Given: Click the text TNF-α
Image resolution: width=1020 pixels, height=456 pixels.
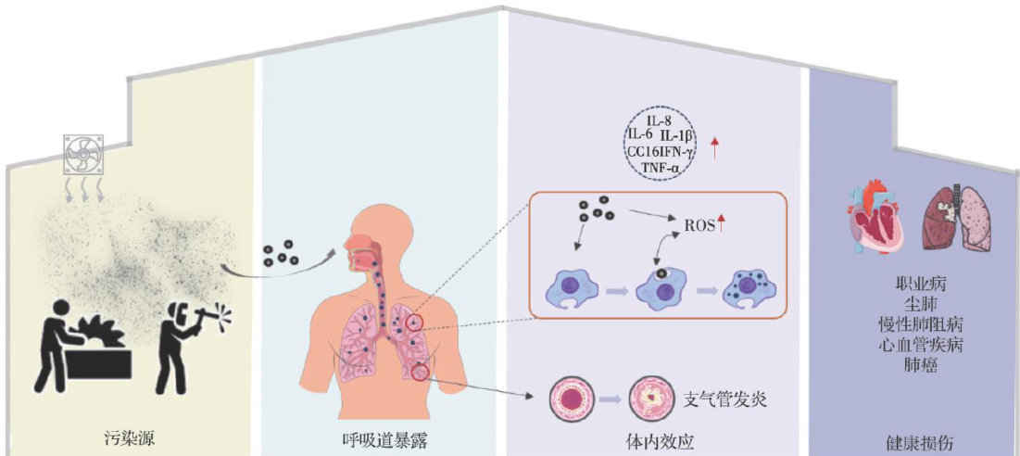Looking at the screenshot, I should (661, 167).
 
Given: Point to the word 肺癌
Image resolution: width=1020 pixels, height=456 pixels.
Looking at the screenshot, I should (913, 366).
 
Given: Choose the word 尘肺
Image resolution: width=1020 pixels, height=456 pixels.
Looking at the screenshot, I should (913, 301).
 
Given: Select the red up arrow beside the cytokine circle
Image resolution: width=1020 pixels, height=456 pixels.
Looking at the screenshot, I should (714, 146).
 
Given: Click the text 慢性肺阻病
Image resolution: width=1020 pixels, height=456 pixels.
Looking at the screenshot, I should (913, 323).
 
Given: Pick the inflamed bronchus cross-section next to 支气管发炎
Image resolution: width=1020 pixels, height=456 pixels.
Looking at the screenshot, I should (650, 399).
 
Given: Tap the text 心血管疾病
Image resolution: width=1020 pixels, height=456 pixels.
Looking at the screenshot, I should (913, 345).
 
